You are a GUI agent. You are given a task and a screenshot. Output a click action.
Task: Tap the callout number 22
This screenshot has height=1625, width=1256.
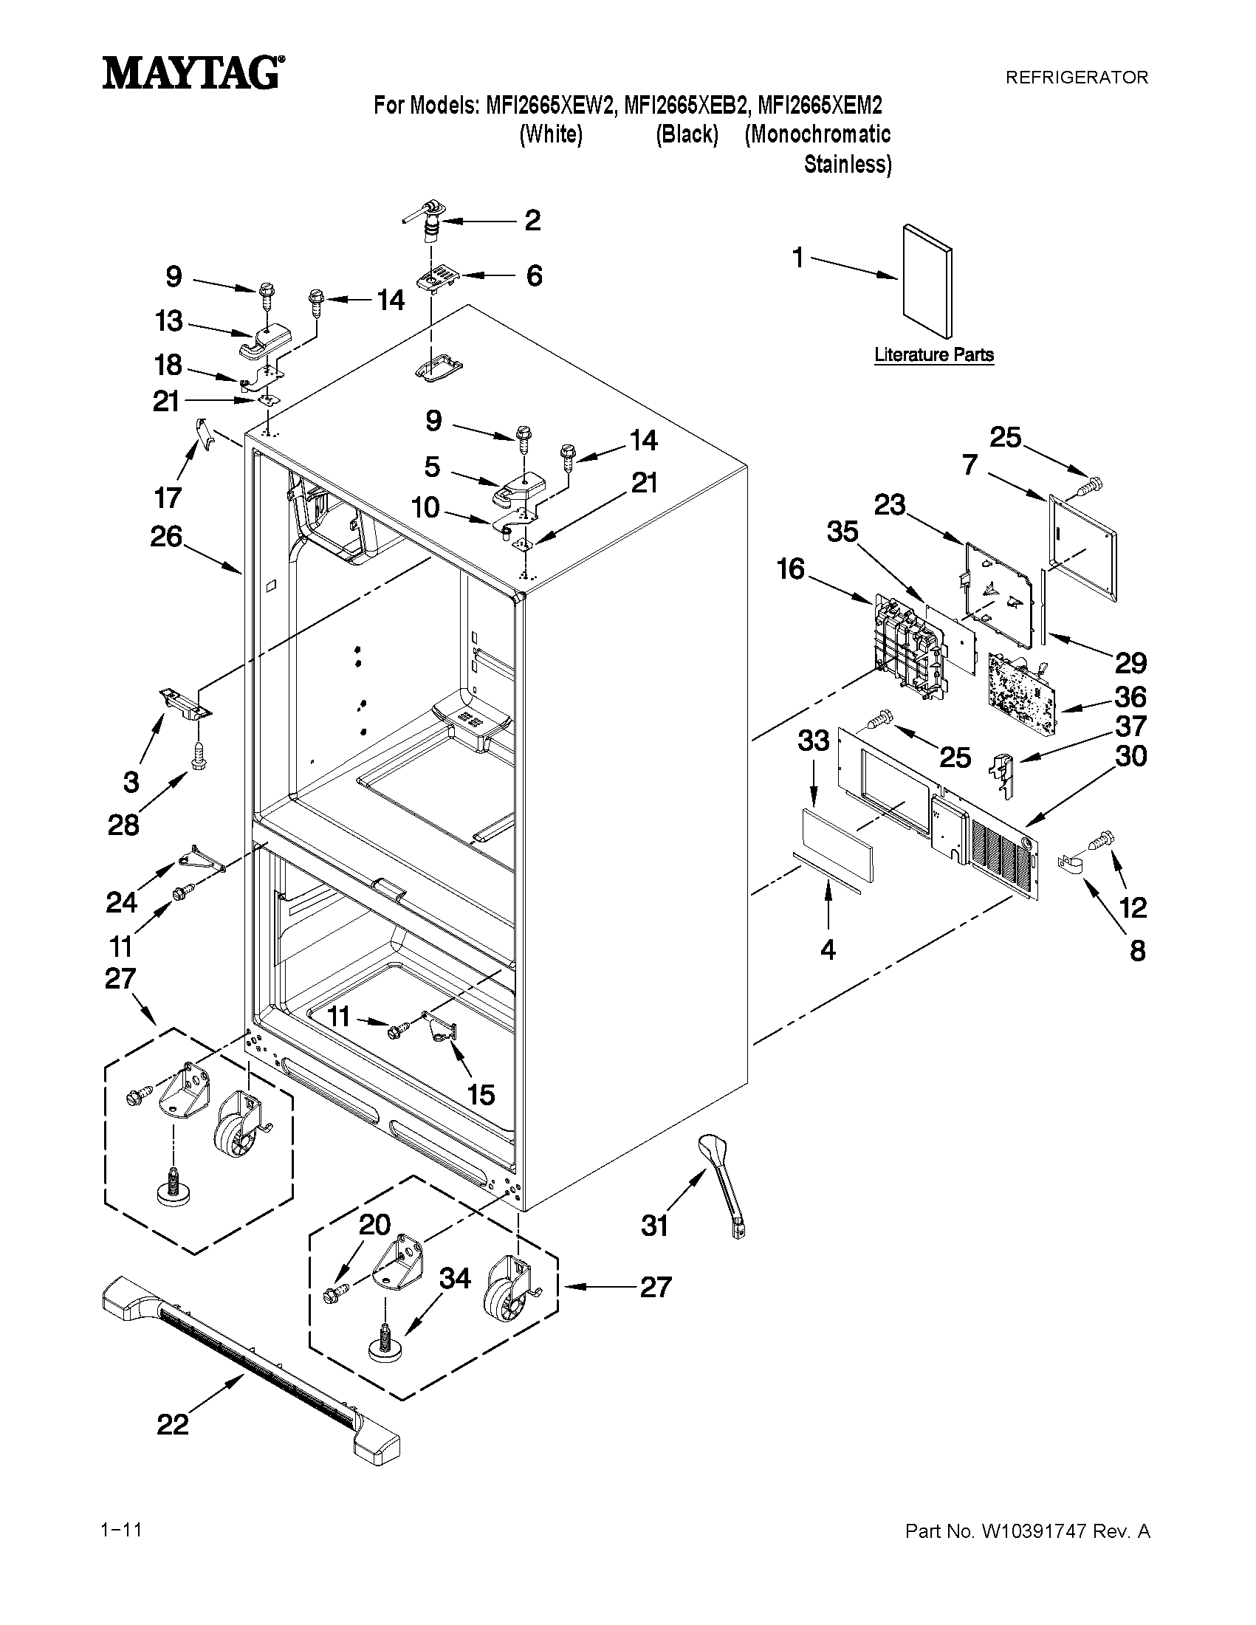point(172,1424)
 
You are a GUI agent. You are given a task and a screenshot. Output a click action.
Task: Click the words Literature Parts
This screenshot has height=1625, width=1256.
point(934,355)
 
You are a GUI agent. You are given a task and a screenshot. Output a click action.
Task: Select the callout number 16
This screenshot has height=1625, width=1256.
point(791,569)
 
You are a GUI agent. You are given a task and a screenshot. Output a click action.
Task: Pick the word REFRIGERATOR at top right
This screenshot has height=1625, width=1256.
point(1076,77)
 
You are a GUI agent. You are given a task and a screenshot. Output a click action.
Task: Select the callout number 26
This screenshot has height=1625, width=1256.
point(166,536)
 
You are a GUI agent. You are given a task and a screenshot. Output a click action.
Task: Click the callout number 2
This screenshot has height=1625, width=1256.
point(532,220)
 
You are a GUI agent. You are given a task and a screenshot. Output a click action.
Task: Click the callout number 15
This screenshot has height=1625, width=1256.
point(481,1094)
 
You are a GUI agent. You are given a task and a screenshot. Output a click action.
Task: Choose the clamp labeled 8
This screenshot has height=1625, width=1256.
point(1068,864)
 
